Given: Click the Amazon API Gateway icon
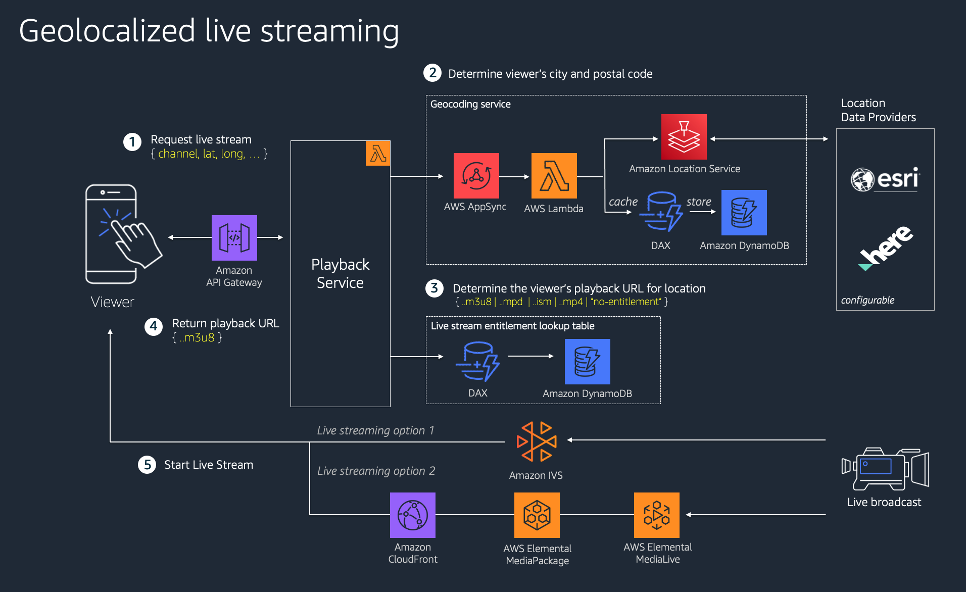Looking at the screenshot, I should click(x=234, y=237).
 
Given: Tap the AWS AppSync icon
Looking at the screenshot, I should click(x=476, y=175).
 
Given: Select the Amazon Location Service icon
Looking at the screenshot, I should click(x=684, y=136).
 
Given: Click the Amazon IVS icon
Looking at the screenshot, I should click(x=536, y=441).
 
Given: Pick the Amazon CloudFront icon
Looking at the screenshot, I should click(x=412, y=515).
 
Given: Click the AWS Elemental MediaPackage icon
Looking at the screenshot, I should click(x=537, y=515).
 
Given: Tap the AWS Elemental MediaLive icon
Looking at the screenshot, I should click(x=656, y=515).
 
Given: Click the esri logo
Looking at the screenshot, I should click(x=885, y=179).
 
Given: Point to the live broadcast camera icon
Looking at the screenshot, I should click(x=885, y=468).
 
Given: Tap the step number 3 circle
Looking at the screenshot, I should click(x=434, y=288).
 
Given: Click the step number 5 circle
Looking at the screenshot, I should click(x=147, y=464).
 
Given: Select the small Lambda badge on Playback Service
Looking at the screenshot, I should click(x=378, y=154).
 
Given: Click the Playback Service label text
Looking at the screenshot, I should click(x=340, y=273).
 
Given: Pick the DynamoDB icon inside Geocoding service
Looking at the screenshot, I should click(x=744, y=212).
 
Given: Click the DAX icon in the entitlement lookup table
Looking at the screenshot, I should click(x=477, y=361).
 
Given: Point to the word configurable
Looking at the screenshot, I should click(x=867, y=300).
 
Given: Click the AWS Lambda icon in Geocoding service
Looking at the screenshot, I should click(x=554, y=175).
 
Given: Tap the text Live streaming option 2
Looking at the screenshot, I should click(x=376, y=471).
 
